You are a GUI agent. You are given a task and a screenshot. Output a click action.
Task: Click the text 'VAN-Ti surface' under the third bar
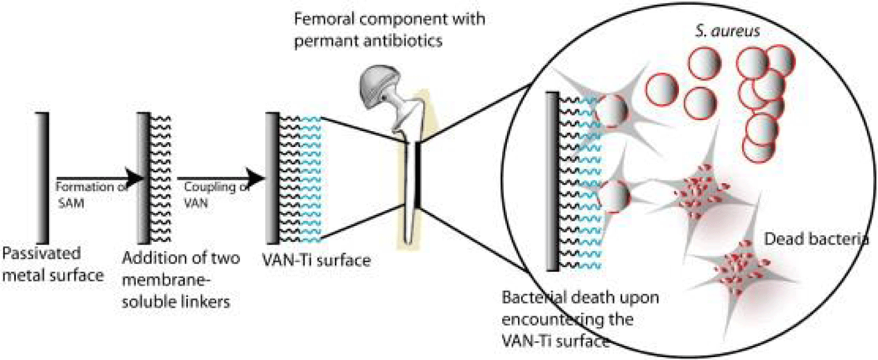click(x=316, y=260)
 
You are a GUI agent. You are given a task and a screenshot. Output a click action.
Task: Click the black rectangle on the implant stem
click(x=418, y=176)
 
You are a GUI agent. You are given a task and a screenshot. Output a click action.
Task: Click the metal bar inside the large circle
click(x=552, y=181)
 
